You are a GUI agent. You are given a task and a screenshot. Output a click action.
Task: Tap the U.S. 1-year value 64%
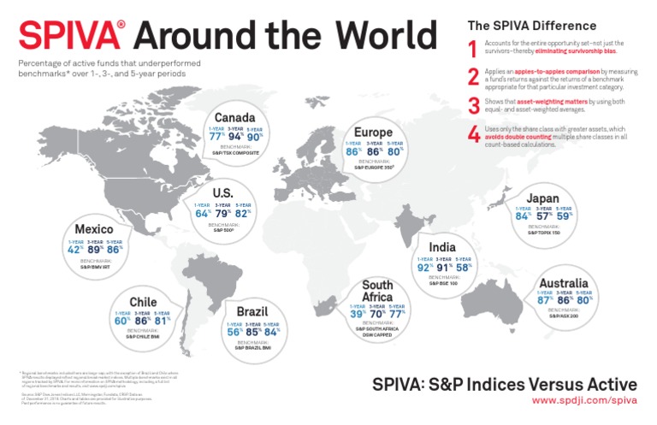203,214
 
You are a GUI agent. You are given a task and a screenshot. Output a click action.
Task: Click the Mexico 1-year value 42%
76,250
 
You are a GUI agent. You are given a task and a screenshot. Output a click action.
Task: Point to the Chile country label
143,302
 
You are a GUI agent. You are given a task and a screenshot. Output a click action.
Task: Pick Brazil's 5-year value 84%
271,333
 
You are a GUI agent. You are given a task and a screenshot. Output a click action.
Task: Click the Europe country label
373,133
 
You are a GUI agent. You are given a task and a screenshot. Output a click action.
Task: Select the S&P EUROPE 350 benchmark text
373,168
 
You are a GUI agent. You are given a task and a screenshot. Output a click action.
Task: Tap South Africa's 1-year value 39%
358,314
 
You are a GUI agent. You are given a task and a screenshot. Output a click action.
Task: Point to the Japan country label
543,198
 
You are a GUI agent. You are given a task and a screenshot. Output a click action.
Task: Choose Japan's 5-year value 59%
565,216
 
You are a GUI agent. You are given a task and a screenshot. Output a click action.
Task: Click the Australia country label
563,283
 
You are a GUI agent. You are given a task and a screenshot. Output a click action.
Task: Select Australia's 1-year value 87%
543,300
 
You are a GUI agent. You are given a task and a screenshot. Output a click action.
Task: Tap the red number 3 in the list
473,105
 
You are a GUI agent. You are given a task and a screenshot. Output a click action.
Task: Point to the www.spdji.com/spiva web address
584,399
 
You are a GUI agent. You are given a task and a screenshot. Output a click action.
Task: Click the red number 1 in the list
473,48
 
